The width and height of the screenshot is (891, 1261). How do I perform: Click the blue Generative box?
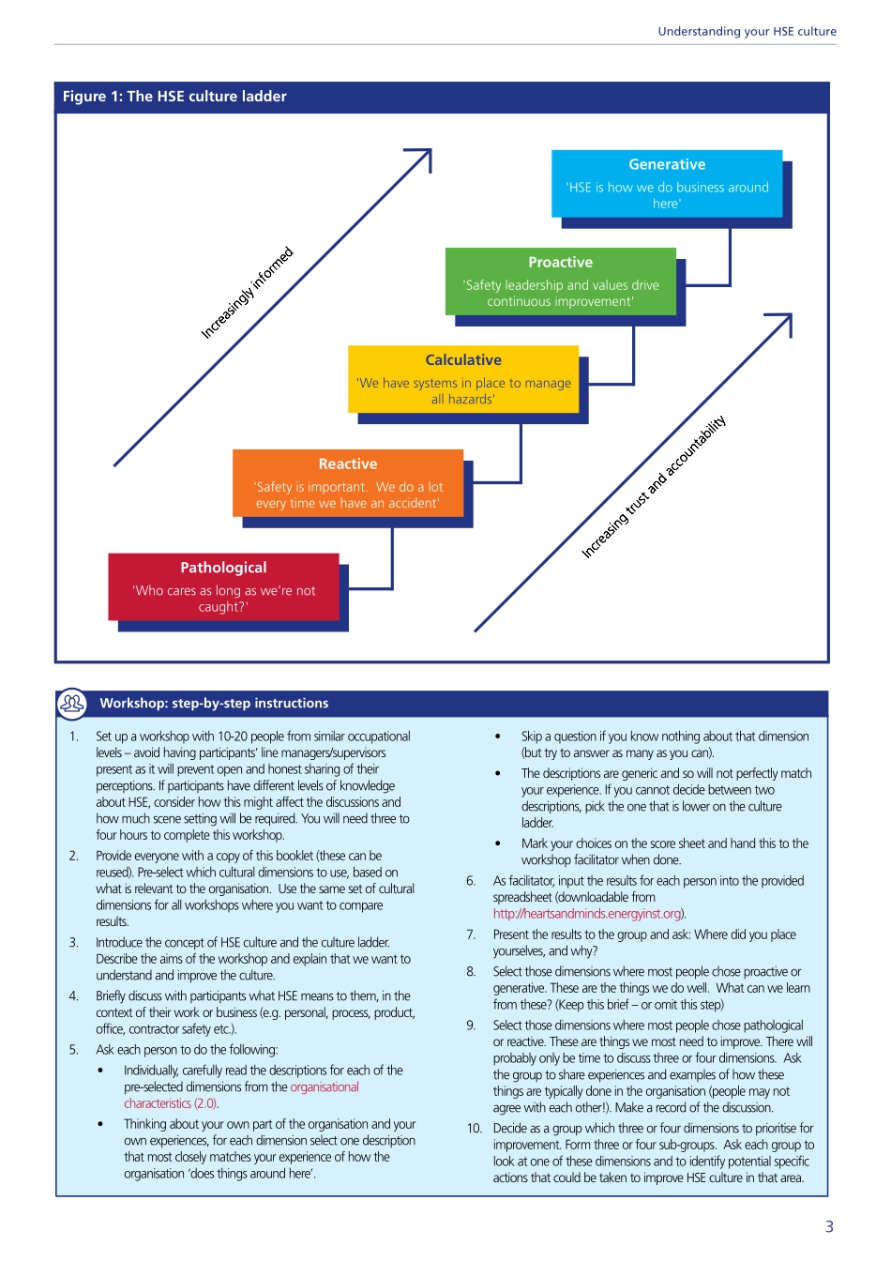click(x=667, y=184)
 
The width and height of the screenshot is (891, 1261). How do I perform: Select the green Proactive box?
click(x=560, y=281)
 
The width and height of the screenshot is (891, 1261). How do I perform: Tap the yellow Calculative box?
click(x=463, y=379)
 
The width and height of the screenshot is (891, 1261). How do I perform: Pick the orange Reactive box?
click(x=348, y=483)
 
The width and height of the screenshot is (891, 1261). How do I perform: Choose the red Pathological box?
click(x=223, y=586)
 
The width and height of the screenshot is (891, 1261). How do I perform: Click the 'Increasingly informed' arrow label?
click(x=248, y=293)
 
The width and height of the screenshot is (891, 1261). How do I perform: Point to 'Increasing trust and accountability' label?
click(x=654, y=486)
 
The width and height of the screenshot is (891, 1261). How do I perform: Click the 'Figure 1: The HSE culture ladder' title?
click(x=174, y=97)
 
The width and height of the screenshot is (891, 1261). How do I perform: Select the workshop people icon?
click(x=72, y=703)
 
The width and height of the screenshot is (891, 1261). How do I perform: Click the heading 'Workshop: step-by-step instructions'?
click(x=214, y=704)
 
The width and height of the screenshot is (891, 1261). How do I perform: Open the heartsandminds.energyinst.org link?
click(x=588, y=914)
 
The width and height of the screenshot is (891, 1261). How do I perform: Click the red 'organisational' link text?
click(x=325, y=1087)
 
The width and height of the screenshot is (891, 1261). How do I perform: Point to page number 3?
click(x=829, y=1226)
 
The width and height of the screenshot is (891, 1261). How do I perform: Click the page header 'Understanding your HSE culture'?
click(x=747, y=31)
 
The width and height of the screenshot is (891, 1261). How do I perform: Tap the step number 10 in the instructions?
click(x=475, y=1129)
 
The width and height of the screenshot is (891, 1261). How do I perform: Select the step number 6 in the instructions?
click(x=471, y=881)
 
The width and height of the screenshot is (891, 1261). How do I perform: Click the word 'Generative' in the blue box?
click(x=667, y=164)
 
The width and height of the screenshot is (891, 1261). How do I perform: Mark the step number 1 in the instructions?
click(x=74, y=737)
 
